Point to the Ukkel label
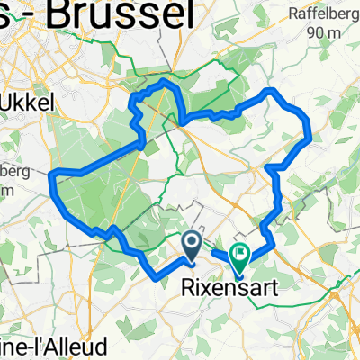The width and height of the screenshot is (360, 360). pos(30,103)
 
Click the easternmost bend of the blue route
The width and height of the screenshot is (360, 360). pos(310,137)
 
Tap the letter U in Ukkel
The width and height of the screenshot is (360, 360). pos(13,103)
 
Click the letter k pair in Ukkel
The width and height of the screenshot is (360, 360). pos(32,103)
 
